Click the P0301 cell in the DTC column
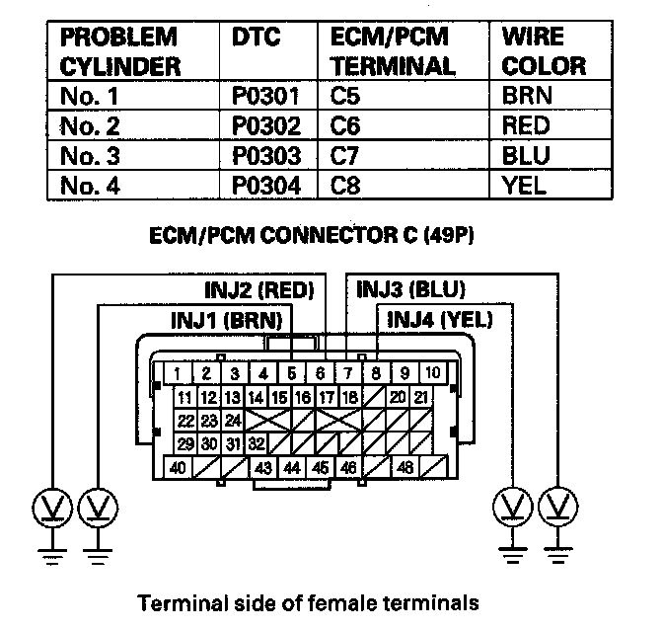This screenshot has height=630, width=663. click(x=264, y=98)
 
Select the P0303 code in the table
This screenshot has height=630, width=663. click(x=264, y=155)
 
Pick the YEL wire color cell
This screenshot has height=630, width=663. click(x=523, y=184)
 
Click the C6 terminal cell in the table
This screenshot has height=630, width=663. click(x=346, y=126)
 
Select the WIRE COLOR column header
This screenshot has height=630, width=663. click(x=543, y=52)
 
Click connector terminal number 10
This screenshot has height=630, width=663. click(x=433, y=373)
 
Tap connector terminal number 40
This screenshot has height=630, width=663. click(x=179, y=468)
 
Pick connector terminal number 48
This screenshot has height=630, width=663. click(x=404, y=468)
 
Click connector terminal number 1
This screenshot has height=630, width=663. click(x=178, y=373)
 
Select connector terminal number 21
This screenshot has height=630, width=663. click(x=420, y=397)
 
